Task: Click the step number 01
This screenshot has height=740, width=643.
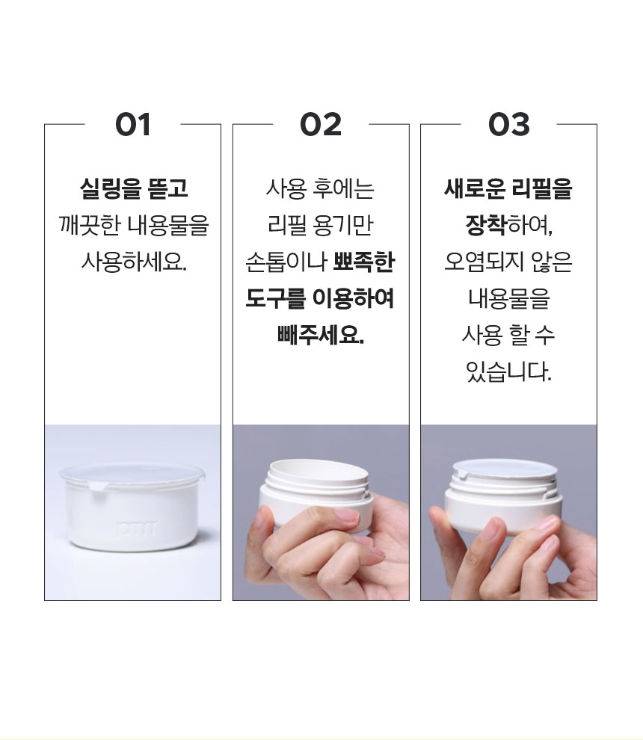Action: click(132, 125)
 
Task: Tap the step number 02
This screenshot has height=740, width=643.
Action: click(321, 125)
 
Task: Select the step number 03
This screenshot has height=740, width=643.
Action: click(509, 125)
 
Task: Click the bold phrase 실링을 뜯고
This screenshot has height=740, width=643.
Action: click(134, 188)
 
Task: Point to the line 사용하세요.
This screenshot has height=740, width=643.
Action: click(134, 262)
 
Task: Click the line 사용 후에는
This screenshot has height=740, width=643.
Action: click(320, 188)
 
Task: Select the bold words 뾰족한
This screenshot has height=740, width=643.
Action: click(363, 262)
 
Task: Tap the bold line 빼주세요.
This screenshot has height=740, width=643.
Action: click(321, 335)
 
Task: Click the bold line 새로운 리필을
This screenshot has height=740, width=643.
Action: click(508, 188)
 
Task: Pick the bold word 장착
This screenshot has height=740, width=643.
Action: click(486, 225)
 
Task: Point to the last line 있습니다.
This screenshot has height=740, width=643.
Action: click(508, 372)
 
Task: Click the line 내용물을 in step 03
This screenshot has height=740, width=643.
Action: click(509, 298)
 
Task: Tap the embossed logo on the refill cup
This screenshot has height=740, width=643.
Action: click(136, 528)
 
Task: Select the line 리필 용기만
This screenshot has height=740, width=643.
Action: click(320, 225)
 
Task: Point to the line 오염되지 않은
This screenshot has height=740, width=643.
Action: click(508, 262)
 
